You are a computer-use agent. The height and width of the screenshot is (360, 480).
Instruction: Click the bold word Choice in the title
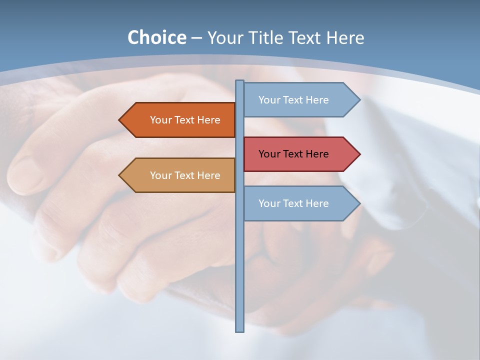click(156, 37)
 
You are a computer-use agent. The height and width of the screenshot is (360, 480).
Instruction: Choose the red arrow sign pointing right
click(300, 154)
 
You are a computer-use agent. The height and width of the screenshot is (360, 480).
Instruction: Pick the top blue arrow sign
click(300, 100)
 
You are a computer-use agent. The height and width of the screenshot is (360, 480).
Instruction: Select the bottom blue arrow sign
click(300, 203)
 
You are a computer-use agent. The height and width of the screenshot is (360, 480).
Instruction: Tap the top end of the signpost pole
click(240, 82)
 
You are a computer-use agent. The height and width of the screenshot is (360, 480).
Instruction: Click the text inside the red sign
click(293, 154)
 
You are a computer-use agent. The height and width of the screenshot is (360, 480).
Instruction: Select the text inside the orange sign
click(185, 120)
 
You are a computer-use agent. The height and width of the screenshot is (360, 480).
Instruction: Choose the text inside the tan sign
click(185, 175)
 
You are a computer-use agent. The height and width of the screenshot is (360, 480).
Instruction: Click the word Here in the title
click(345, 37)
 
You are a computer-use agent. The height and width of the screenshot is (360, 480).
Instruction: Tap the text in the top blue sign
click(293, 100)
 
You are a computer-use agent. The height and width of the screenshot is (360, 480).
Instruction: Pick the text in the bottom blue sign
click(293, 203)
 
